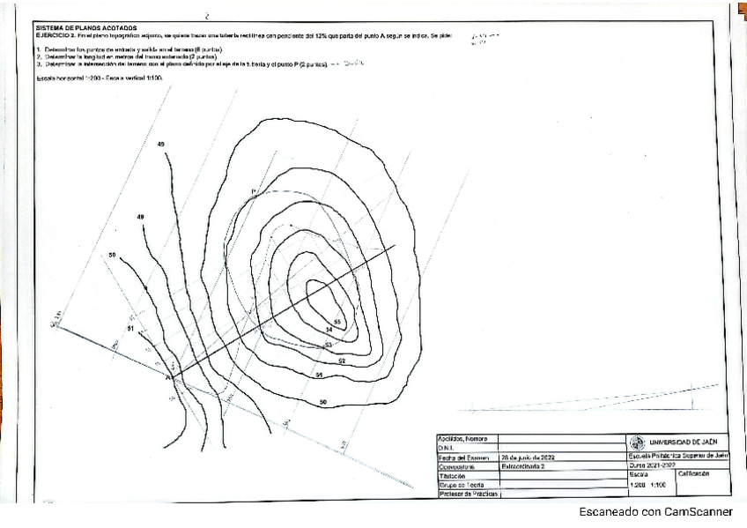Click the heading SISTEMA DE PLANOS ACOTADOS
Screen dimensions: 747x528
[85, 27]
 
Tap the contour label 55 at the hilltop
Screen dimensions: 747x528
[337, 322]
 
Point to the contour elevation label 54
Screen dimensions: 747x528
[329, 330]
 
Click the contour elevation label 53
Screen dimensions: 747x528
[328, 344]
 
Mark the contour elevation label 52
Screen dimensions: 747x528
[340, 361]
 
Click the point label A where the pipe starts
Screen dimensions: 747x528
[167, 376]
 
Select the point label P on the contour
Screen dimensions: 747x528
[254, 191]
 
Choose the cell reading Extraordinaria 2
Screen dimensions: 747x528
[525, 466]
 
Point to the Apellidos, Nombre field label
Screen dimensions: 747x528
[463, 438]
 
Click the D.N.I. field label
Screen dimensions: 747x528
[449, 448]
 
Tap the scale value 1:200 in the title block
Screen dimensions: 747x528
[638, 484]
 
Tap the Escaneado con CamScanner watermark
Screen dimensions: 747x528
[655, 512]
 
